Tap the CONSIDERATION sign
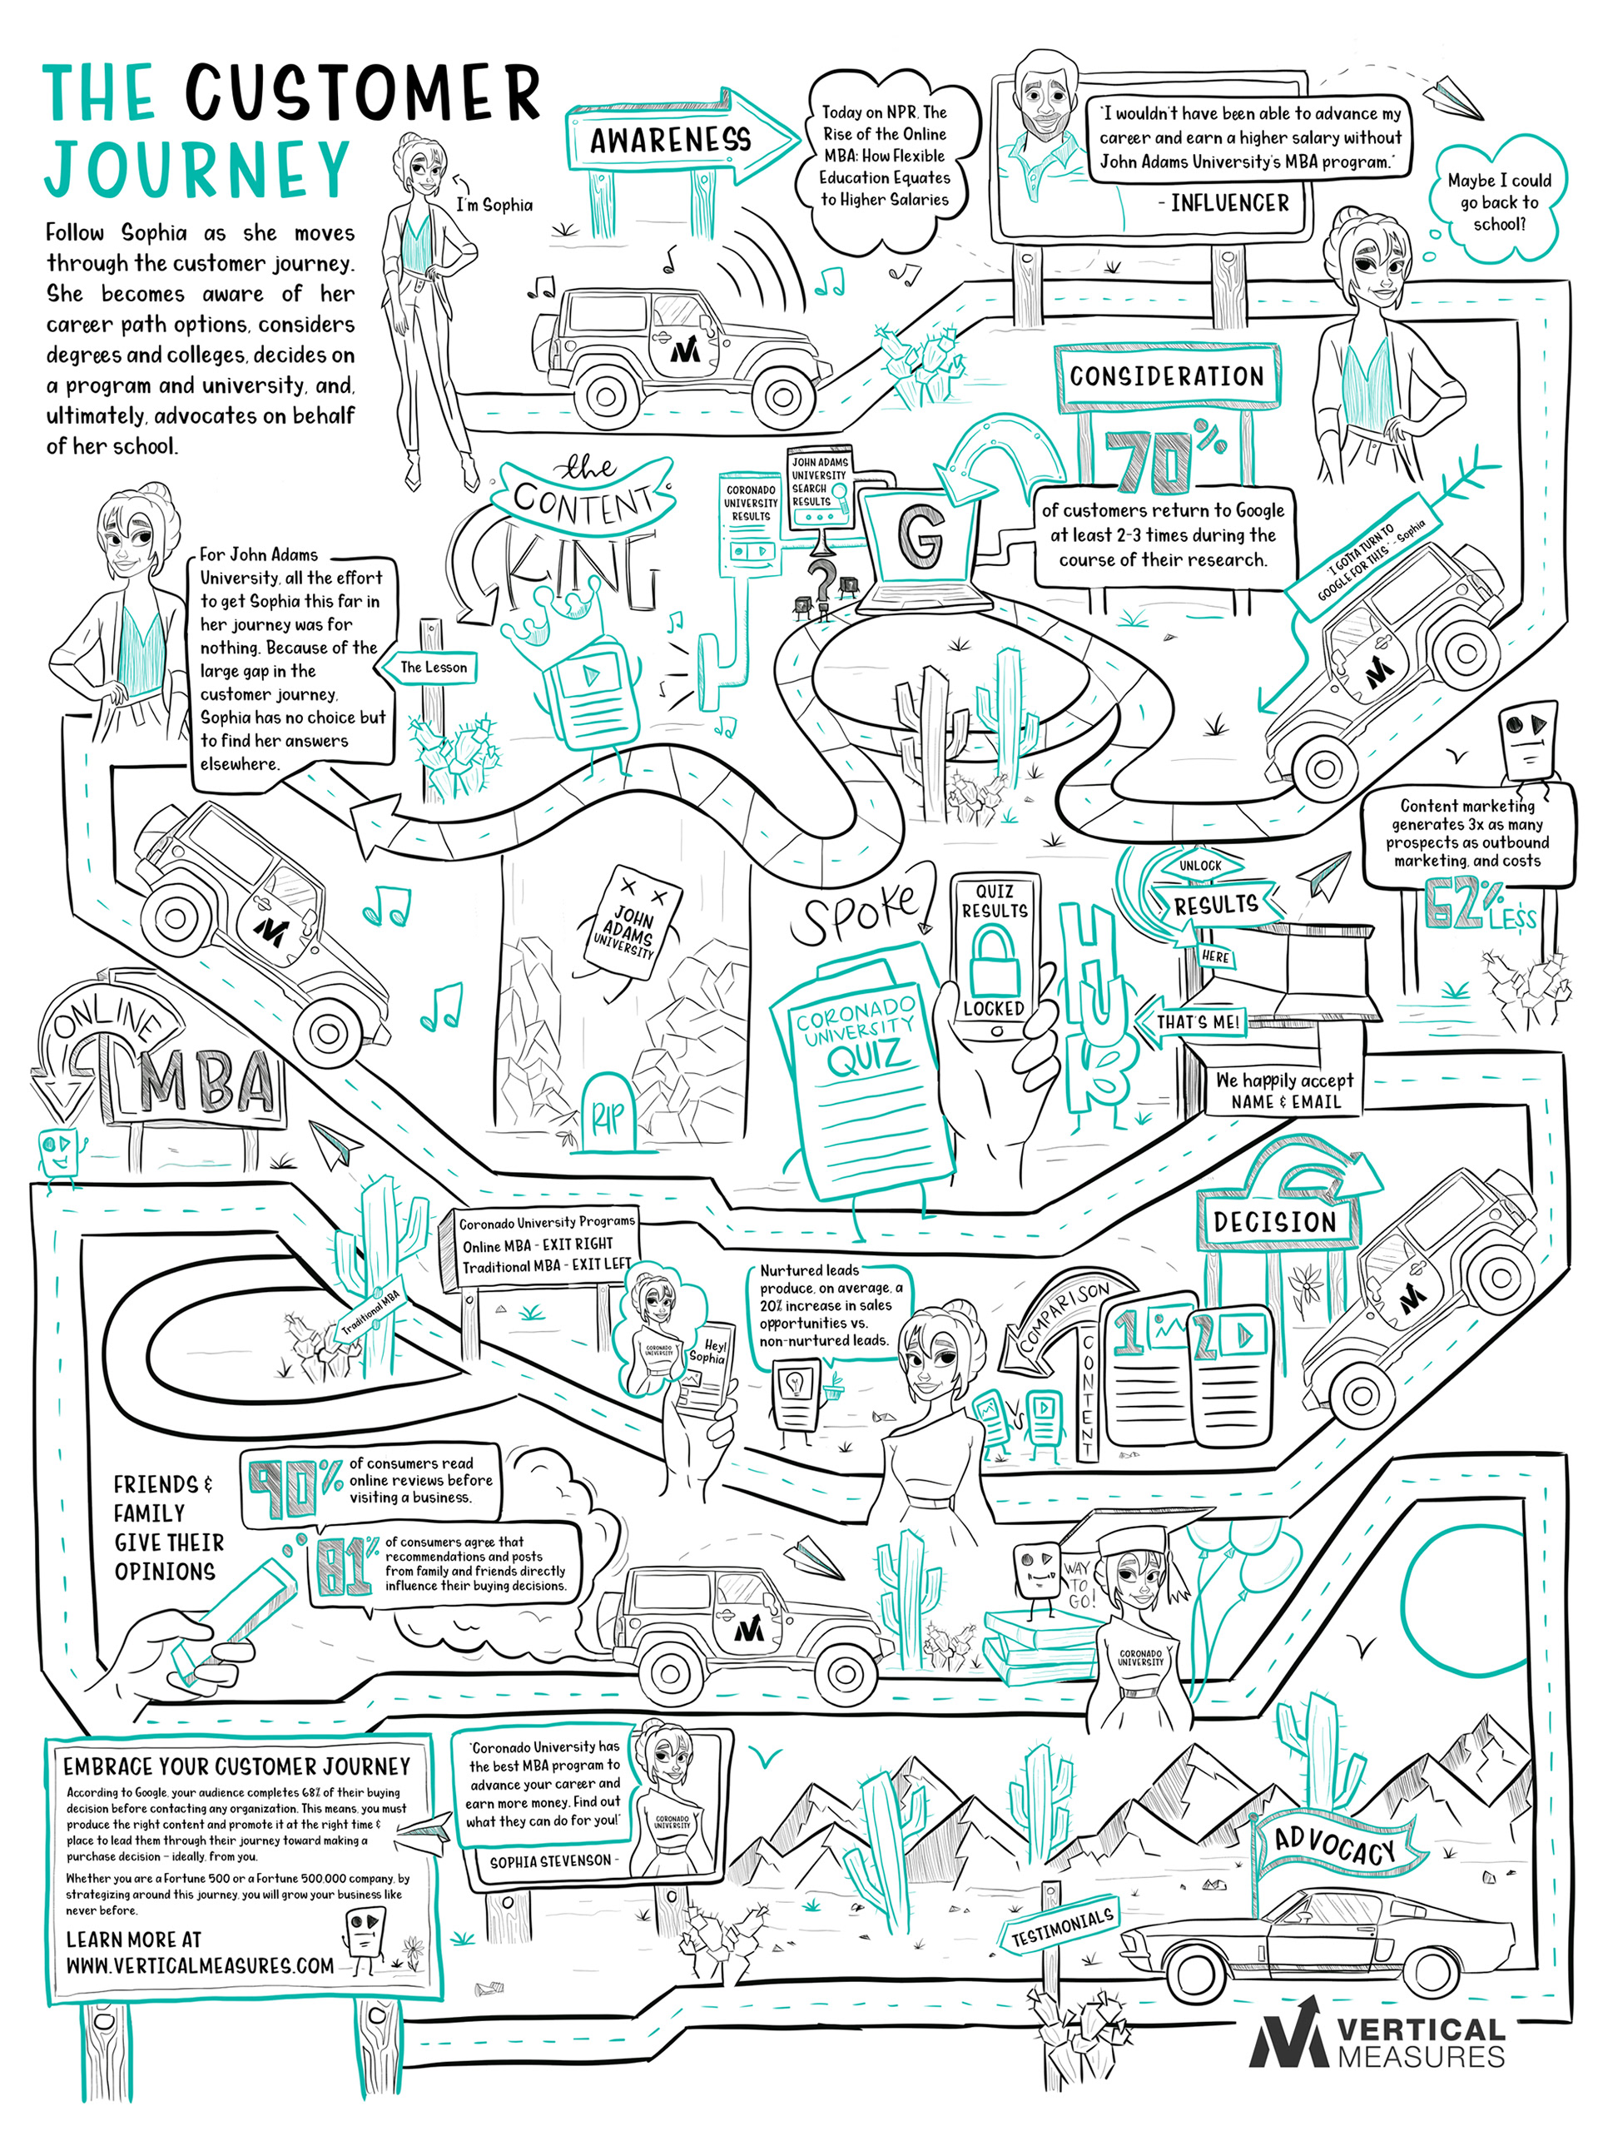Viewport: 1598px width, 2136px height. tap(1166, 376)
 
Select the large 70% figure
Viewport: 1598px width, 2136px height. tap(1154, 464)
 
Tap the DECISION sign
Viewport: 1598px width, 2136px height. tap(1274, 1221)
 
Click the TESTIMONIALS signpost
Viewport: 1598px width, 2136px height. tap(1062, 1926)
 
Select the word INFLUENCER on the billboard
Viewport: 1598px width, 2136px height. tap(1229, 204)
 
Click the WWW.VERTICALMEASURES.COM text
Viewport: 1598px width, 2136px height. tap(200, 1965)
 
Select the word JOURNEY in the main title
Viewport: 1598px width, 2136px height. tap(197, 169)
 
